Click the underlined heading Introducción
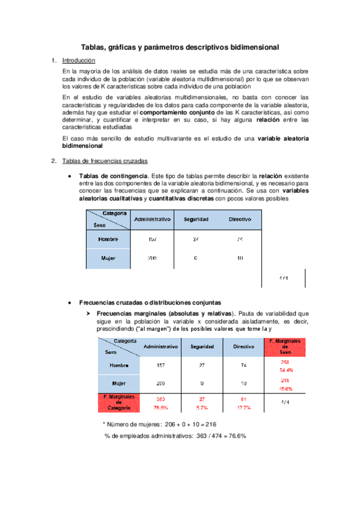(79, 60)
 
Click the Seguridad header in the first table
(196, 219)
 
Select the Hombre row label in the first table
(107, 239)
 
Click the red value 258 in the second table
(285, 363)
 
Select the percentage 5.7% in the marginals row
(202, 408)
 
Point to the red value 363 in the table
(160, 399)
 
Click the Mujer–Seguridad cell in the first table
(196, 259)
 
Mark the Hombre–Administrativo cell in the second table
(160, 366)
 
